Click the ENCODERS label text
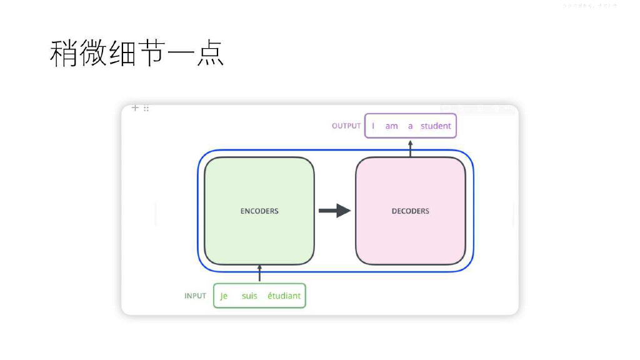pyautogui.click(x=259, y=211)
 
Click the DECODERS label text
pyautogui.click(x=410, y=211)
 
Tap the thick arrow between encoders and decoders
pyautogui.click(x=335, y=211)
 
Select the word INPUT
pyautogui.click(x=195, y=296)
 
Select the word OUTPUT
pyautogui.click(x=346, y=126)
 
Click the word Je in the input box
pyautogui.click(x=224, y=296)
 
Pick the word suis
pyautogui.click(x=249, y=296)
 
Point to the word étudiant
pyautogui.click(x=284, y=296)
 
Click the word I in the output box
pyautogui.click(x=373, y=126)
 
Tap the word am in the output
pyautogui.click(x=391, y=126)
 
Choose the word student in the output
pyautogui.click(x=436, y=126)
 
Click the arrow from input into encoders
pyautogui.click(x=259, y=273)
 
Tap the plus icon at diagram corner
pyautogui.click(x=135, y=108)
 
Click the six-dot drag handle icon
pyautogui.click(x=146, y=108)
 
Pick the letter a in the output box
pyautogui.click(x=410, y=126)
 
